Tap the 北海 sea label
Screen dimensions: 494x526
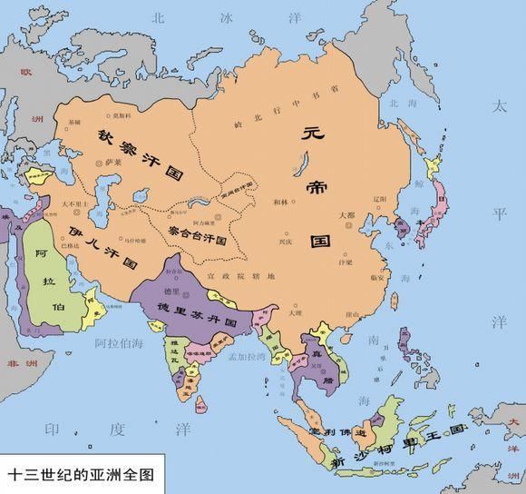(x=401, y=103)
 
